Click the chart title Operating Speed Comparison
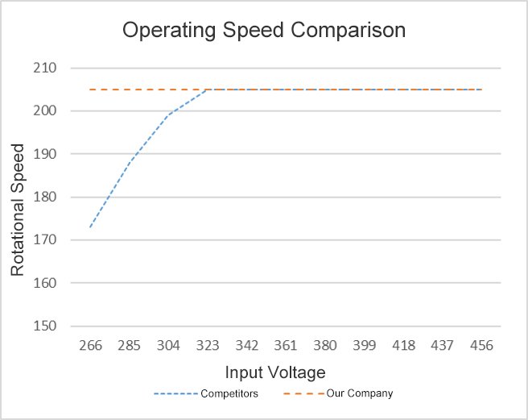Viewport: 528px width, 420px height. (x=263, y=31)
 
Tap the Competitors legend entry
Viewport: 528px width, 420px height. (x=228, y=393)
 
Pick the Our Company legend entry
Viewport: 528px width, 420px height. (x=360, y=393)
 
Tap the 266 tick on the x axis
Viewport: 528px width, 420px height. (x=90, y=345)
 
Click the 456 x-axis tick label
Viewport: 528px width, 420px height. (x=481, y=345)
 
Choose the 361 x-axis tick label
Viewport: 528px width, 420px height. (x=286, y=345)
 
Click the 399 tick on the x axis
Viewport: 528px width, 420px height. (x=364, y=345)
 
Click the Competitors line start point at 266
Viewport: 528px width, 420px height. (x=90, y=227)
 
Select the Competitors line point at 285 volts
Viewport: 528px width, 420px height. (x=130, y=162)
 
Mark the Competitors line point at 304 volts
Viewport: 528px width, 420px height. (x=168, y=115)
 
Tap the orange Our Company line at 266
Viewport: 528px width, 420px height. (x=90, y=89)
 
